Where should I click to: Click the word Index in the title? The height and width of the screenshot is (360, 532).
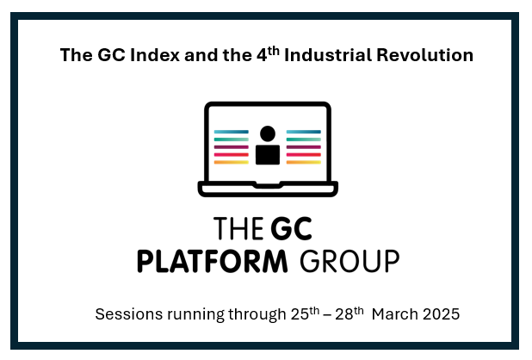[155, 55]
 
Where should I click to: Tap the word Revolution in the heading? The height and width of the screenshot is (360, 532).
[424, 55]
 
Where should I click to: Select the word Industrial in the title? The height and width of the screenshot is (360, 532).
[328, 55]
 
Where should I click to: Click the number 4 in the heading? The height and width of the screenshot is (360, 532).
[262, 56]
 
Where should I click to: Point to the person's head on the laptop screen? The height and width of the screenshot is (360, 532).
[268, 133]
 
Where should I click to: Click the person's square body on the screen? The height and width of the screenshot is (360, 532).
[268, 155]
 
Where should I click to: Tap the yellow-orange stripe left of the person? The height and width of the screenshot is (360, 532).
[232, 162]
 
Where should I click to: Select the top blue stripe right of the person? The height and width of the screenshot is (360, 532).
[304, 132]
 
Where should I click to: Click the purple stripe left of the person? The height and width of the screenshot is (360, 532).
[232, 147]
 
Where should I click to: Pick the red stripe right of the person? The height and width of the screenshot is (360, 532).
[304, 155]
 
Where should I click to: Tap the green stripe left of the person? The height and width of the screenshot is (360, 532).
[232, 140]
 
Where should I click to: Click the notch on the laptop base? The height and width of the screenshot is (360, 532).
[268, 185]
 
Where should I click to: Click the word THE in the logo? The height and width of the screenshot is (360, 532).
[238, 228]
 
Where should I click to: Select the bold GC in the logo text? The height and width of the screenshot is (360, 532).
[292, 228]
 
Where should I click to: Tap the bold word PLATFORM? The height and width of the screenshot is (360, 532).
[213, 261]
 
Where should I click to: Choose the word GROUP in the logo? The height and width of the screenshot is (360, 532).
[350, 261]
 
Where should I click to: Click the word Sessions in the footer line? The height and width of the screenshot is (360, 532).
[129, 313]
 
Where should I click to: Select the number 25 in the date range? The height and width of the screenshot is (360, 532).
[300, 314]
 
